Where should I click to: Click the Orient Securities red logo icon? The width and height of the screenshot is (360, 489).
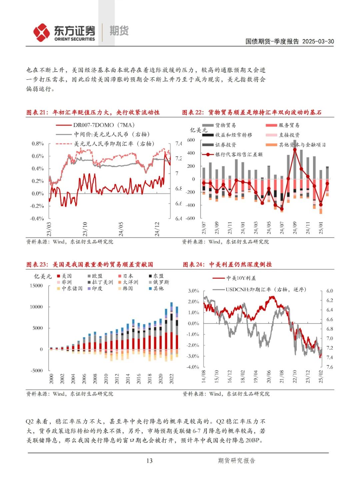point(42,33)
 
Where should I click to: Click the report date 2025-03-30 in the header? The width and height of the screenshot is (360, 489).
point(318,41)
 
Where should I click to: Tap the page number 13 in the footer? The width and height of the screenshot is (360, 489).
point(149,461)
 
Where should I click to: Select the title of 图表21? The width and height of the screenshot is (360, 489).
point(93,112)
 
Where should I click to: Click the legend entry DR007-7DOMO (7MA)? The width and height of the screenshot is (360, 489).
point(104,125)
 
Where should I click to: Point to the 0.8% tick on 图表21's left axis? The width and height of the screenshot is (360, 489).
point(38,143)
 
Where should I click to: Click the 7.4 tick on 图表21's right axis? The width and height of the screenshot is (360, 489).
point(179,143)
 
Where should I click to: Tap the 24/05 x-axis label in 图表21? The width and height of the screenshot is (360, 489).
point(121,229)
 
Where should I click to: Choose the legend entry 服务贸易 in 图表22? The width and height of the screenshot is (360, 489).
point(289,125)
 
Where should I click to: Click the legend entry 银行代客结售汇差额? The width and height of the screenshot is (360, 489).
point(239,154)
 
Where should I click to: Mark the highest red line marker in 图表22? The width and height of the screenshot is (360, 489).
point(295,150)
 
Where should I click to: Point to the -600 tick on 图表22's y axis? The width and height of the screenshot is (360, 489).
point(190,218)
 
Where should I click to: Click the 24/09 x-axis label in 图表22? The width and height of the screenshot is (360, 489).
point(295,227)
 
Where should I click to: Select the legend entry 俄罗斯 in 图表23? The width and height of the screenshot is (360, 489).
point(161,282)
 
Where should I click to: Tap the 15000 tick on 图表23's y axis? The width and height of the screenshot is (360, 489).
point(36,286)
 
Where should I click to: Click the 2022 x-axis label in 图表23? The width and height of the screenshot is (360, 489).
point(172,379)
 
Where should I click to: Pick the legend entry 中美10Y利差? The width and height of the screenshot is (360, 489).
point(241,278)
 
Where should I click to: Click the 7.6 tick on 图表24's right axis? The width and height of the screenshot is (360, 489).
point(329,367)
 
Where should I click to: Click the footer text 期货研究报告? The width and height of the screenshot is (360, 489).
point(236,461)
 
